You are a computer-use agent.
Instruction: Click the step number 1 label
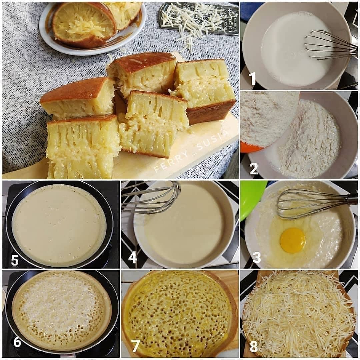click(252, 79)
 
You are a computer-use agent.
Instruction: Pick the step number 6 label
click(17, 342)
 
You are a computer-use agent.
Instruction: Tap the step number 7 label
click(135, 346)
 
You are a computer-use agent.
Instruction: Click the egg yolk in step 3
click(293, 240)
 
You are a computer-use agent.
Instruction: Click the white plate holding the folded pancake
click(92, 29)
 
